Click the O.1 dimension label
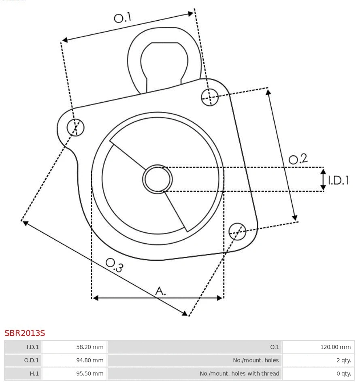point(123,17)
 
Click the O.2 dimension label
point(298,159)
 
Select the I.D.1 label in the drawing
point(339,180)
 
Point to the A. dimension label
point(161,291)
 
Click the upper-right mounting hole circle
point(210,97)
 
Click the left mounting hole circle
point(75,128)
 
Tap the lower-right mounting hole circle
point(237,231)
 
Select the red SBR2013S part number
point(25,333)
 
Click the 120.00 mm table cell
point(318,347)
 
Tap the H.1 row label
point(23,374)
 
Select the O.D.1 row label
point(23,360)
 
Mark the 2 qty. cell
point(318,360)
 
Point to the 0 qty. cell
point(318,374)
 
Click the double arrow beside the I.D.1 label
point(323,180)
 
